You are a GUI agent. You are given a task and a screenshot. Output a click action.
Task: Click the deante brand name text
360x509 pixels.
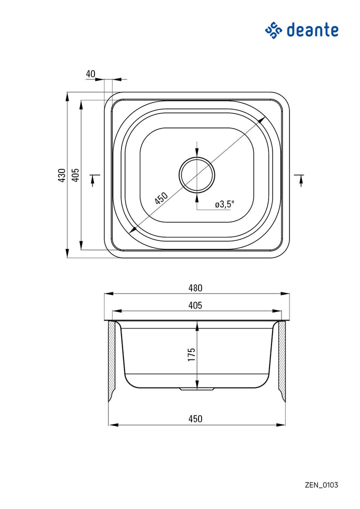coord(312,30)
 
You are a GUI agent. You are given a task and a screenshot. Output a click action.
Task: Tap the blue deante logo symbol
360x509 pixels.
coord(273,30)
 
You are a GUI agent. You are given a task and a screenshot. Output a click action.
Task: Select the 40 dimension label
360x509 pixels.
coord(90,74)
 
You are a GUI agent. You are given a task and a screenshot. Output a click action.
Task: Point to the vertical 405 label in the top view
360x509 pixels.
coord(75,175)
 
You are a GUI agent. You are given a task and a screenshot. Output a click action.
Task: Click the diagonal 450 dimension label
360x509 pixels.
coord(161,198)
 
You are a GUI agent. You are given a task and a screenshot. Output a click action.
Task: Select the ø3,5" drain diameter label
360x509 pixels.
coord(224,204)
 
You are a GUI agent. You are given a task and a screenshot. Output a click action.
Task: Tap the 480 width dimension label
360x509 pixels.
coord(195,288)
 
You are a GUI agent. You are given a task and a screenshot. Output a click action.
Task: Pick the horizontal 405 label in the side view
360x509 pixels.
coord(195,305)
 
